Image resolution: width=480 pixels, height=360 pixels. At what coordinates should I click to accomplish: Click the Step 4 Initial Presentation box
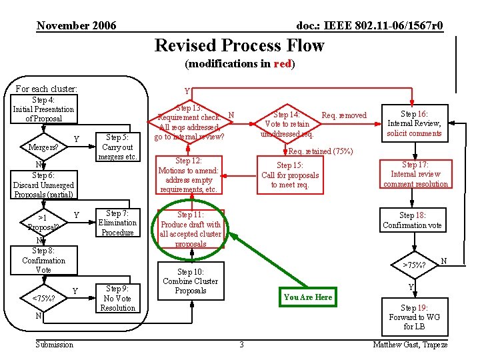tap(43, 109)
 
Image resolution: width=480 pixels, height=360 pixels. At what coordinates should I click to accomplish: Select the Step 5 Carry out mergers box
tap(117, 147)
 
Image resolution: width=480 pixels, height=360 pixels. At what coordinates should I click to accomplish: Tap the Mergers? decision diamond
tap(43, 147)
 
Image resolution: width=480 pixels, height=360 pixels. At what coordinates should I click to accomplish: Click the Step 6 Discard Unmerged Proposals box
tap(43, 185)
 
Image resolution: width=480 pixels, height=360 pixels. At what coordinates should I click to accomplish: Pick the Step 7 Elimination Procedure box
tap(117, 223)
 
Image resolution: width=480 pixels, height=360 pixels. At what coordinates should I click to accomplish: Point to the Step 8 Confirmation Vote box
tap(43, 260)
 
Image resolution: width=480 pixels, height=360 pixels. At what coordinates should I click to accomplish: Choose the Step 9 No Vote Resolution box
tap(117, 298)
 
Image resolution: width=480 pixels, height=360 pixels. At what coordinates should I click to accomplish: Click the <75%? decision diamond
tap(43, 298)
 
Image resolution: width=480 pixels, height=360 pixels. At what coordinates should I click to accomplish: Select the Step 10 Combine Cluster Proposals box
tap(191, 281)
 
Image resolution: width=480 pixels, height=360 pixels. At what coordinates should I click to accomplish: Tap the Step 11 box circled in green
tap(191, 229)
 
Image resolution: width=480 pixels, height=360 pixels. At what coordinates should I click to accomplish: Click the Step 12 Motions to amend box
tap(191, 175)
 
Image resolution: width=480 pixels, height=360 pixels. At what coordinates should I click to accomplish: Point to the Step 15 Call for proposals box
tap(290, 175)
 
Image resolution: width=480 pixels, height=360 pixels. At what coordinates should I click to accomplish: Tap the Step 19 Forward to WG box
tap(414, 317)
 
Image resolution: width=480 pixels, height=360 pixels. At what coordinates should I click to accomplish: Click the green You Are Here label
tap(307, 297)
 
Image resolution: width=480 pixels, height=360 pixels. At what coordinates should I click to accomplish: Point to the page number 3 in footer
tap(241, 344)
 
